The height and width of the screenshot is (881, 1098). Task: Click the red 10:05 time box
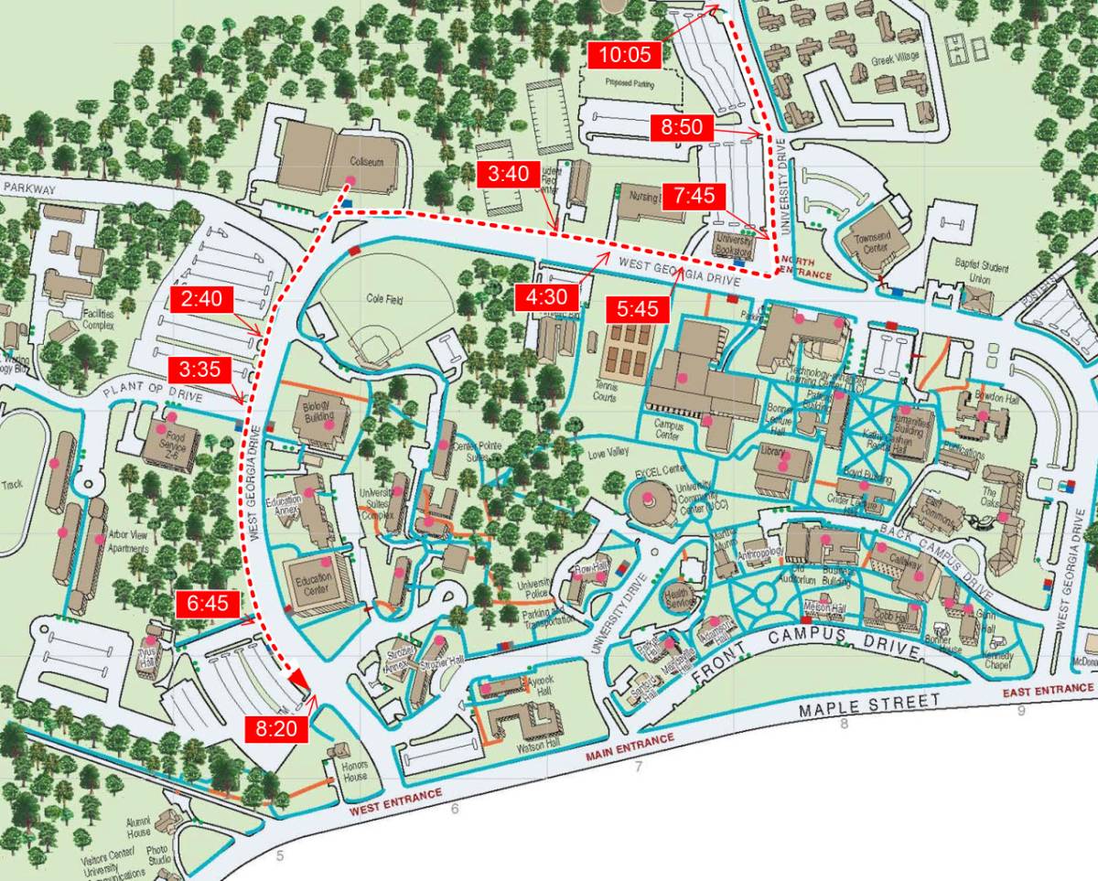pos(625,55)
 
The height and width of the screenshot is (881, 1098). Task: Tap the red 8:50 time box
pos(682,128)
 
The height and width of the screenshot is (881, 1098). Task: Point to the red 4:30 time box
pos(547,296)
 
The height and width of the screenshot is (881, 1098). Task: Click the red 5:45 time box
pos(638,310)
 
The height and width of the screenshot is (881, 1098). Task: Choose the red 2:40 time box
pos(201,299)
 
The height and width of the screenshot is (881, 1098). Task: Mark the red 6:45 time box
pos(201,604)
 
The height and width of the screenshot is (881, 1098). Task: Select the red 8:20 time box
pos(277,729)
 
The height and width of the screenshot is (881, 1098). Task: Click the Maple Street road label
pos(869,705)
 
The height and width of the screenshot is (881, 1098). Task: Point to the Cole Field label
pos(384,297)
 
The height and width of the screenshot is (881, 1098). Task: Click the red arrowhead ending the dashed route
pos(297,677)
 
